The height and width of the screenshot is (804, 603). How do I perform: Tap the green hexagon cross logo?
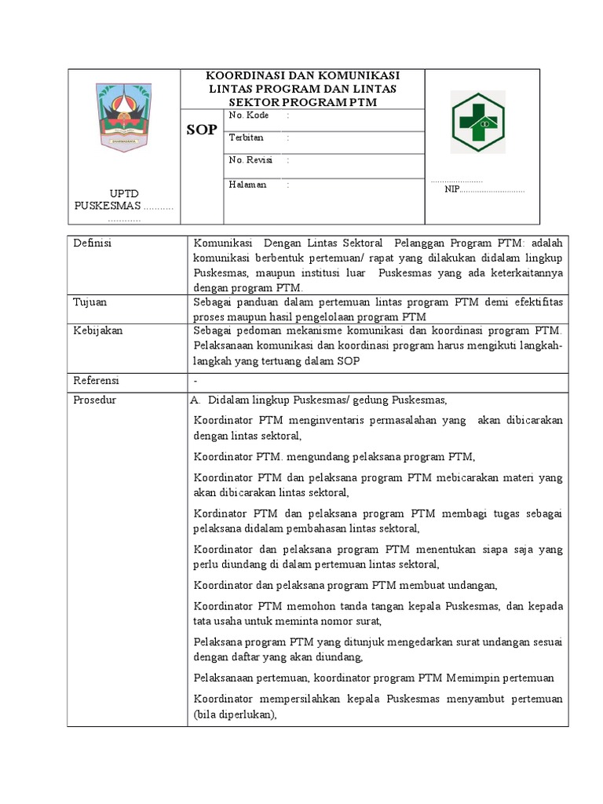tap(477, 122)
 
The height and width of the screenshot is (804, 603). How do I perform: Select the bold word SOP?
tap(202, 130)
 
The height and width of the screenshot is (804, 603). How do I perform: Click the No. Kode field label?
tap(249, 115)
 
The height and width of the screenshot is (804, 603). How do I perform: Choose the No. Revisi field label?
tap(250, 160)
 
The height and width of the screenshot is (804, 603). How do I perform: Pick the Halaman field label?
tap(247, 185)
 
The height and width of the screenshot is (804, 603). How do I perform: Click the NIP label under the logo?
tap(452, 189)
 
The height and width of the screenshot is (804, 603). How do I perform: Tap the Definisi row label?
tap(93, 244)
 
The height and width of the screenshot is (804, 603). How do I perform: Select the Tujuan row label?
tap(90, 302)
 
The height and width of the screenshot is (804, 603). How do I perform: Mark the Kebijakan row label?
tap(98, 331)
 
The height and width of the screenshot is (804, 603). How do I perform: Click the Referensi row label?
tap(96, 381)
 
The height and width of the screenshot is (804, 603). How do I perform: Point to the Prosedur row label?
tap(95, 400)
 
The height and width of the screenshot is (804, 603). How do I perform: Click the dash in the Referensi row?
tap(195, 381)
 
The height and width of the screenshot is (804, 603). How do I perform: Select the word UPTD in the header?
tap(126, 193)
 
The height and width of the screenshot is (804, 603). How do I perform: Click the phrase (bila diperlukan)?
tap(236, 714)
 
